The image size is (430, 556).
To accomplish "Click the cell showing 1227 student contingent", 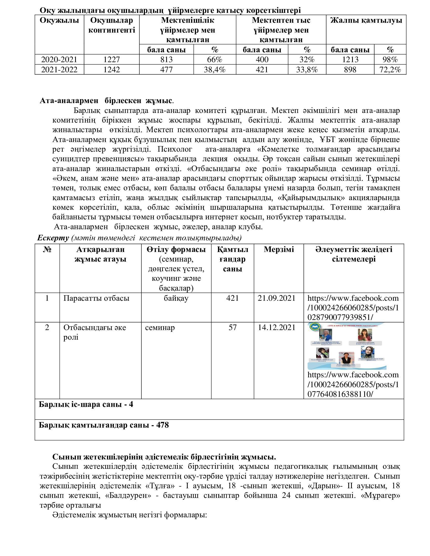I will click(x=112, y=60).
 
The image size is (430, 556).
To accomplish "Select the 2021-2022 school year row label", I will click(x=59, y=69).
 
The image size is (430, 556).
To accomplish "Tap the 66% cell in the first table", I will click(x=214, y=60).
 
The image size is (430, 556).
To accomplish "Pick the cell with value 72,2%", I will click(x=390, y=69).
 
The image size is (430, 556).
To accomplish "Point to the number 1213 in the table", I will click(x=350, y=60).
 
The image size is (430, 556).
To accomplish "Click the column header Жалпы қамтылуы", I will click(x=366, y=20).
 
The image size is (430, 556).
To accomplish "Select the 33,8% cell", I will click(x=307, y=69).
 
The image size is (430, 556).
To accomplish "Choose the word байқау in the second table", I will click(x=176, y=298).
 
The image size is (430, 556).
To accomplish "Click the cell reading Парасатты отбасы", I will click(x=96, y=298).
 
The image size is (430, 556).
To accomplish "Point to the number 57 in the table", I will click(x=232, y=327).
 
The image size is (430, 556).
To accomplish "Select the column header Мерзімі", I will click(x=279, y=249).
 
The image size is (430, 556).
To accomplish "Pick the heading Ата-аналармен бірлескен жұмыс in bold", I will click(x=105, y=101).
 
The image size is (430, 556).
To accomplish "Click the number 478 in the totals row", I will click(x=163, y=425).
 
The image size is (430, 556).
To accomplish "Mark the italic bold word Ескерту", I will click(x=53, y=238).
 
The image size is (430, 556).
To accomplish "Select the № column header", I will click(x=47, y=249).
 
